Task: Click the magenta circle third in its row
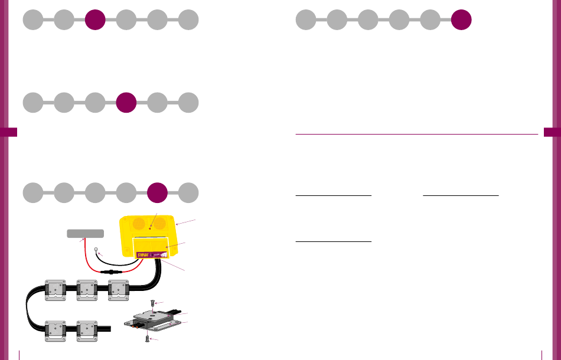click(x=95, y=19)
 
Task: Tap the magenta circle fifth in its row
click(x=157, y=193)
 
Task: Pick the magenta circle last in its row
click(x=461, y=19)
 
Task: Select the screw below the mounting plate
click(x=146, y=339)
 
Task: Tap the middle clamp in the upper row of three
click(x=87, y=289)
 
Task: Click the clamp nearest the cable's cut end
click(x=87, y=329)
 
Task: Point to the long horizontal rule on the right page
click(x=416, y=134)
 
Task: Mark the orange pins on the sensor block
click(x=136, y=323)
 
